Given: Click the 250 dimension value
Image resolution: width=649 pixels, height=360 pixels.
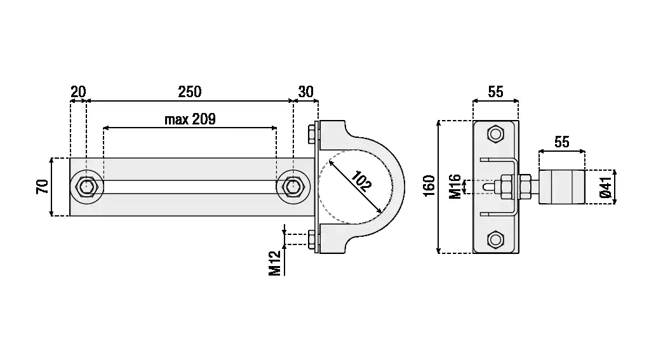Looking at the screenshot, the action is click(190, 91).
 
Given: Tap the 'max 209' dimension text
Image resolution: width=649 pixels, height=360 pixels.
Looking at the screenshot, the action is click(190, 119).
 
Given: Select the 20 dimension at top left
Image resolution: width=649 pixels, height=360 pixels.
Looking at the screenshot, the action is click(78, 91).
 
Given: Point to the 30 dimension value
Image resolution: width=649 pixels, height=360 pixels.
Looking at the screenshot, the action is click(306, 91).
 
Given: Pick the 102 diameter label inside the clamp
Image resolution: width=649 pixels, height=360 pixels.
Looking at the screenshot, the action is click(361, 181).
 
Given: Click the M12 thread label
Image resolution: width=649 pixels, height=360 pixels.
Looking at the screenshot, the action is click(275, 263).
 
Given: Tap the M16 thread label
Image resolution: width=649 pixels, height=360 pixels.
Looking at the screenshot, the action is click(455, 187).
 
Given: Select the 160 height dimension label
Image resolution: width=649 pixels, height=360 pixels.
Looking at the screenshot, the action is click(429, 186).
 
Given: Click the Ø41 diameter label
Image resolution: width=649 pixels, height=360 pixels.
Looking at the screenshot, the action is click(606, 187).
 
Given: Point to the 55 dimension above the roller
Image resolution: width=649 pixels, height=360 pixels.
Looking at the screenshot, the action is click(561, 142).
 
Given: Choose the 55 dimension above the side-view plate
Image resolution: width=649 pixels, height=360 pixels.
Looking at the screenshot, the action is click(495, 91).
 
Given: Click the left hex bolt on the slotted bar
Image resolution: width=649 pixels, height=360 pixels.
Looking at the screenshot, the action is click(86, 187).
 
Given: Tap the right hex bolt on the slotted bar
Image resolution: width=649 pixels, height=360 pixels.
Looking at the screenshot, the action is click(293, 187).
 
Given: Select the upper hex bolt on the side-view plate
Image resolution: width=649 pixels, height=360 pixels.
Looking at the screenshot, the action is click(495, 134).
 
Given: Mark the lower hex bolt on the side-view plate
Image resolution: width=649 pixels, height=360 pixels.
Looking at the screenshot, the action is click(495, 239).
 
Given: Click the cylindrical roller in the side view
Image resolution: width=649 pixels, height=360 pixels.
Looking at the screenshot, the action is click(561, 187).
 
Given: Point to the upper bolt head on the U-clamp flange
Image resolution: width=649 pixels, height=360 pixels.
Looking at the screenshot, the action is click(312, 134).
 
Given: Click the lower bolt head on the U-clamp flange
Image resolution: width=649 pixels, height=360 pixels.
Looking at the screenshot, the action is click(312, 240).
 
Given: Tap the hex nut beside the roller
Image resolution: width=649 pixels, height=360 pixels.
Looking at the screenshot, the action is click(525, 187).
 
